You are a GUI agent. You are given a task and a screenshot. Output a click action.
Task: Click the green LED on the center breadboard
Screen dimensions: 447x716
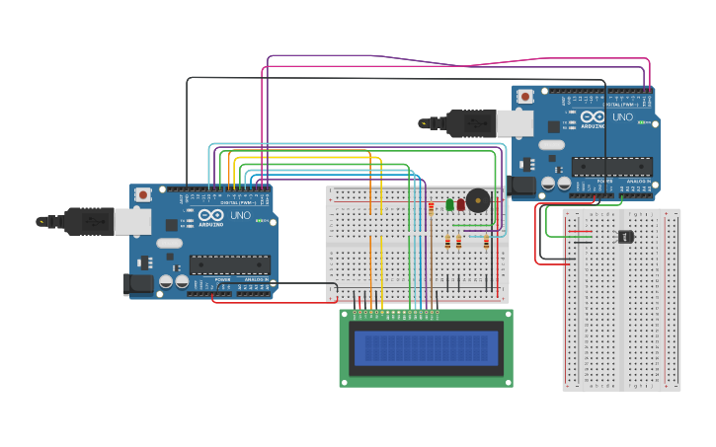449,204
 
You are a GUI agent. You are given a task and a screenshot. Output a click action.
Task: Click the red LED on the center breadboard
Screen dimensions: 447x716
460,204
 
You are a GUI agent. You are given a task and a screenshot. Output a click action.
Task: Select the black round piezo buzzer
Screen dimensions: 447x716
478,200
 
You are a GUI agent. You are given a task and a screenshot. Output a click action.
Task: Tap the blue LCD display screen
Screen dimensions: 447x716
426,347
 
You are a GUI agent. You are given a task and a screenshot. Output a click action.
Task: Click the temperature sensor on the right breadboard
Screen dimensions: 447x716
625,236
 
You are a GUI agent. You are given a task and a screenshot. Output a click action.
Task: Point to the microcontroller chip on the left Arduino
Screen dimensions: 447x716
229,264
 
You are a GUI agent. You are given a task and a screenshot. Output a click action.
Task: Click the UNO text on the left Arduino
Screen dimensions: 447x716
240,215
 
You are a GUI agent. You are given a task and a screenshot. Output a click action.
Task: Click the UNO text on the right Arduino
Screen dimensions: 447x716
622,116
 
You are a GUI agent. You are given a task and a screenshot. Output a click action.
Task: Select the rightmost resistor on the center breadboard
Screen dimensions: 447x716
486,243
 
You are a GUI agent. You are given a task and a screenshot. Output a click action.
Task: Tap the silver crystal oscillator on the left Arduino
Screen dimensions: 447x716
169,243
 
